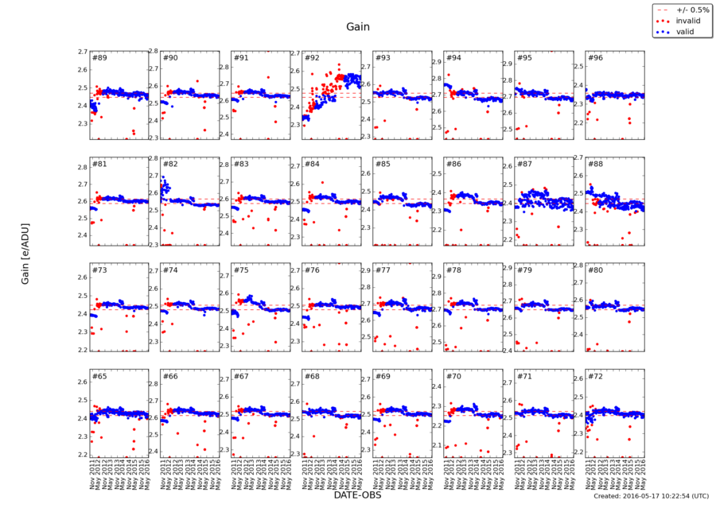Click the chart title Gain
pyautogui.click(x=357, y=27)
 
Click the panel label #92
pyautogui.click(x=312, y=58)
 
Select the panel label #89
pyautogui.click(x=99, y=58)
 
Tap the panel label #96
pyautogui.click(x=595, y=58)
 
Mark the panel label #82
pyautogui.click(x=170, y=164)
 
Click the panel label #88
pyautogui.click(x=595, y=164)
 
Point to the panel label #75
pyautogui.click(x=241, y=270)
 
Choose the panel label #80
pyautogui.click(x=595, y=270)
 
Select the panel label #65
pyautogui.click(x=99, y=376)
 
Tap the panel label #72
pyautogui.click(x=595, y=376)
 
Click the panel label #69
pyautogui.click(x=383, y=376)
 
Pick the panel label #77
pyautogui.click(x=383, y=270)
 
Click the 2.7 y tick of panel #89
pyautogui.click(x=82, y=52)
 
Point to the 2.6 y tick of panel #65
pyautogui.click(x=82, y=382)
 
